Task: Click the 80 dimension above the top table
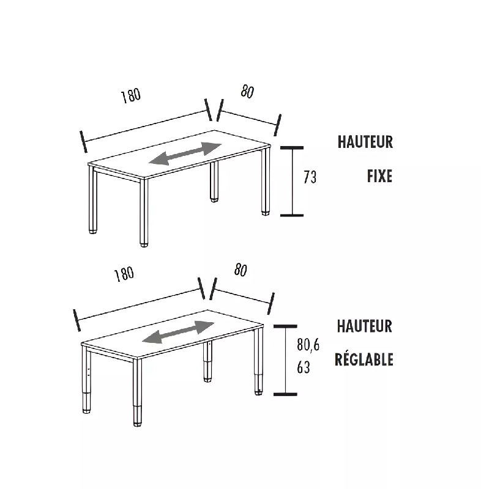(x=247, y=92)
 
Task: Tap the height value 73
(x=310, y=178)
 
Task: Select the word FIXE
(x=379, y=177)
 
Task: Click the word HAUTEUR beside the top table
(x=365, y=142)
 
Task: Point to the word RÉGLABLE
(x=364, y=359)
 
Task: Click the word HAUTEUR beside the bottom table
(x=364, y=326)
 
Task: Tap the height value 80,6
(x=308, y=345)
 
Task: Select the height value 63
(x=303, y=368)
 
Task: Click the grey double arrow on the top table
(x=185, y=154)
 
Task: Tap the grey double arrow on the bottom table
(x=177, y=332)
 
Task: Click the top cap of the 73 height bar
(x=292, y=147)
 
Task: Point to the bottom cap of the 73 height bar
(x=292, y=215)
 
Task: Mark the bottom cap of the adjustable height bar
(x=285, y=394)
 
